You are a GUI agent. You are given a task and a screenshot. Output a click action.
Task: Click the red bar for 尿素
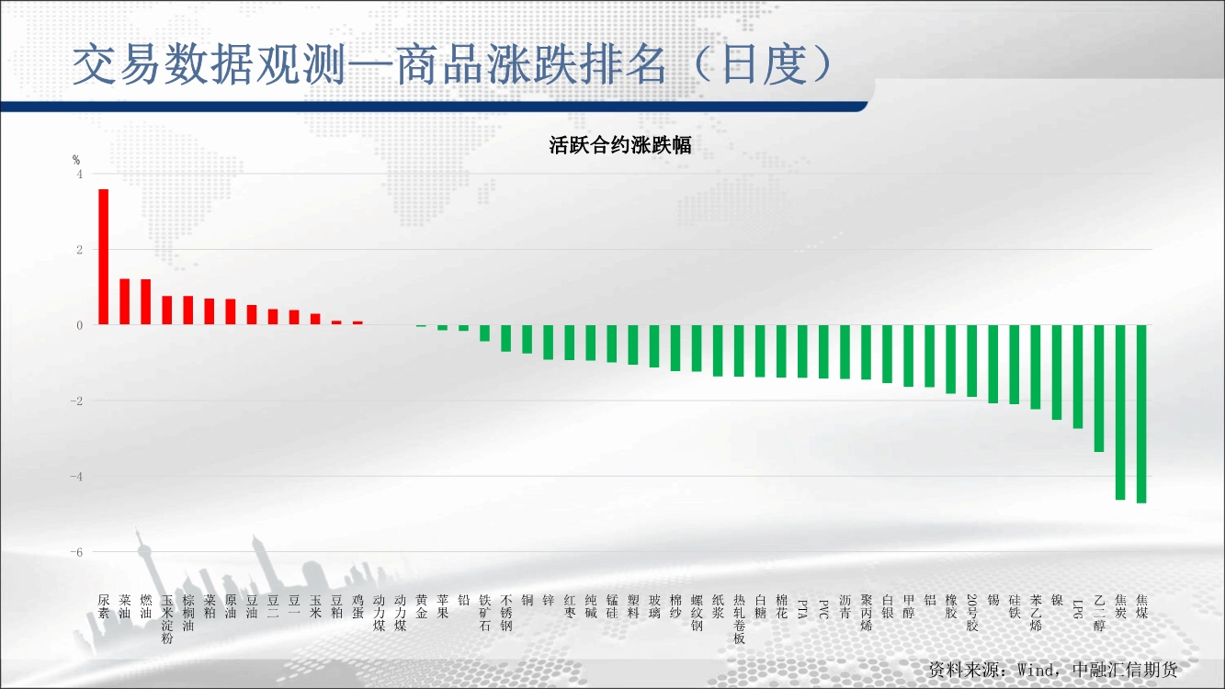point(104,257)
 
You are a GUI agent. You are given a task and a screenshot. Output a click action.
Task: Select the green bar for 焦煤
point(1141,413)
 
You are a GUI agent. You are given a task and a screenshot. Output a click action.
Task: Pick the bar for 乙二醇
point(1099,388)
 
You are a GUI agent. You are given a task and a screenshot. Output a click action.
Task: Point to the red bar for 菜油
point(125,301)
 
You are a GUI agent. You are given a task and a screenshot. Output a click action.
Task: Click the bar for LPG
point(1078,376)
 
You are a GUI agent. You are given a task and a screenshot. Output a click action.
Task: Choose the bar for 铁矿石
point(484,333)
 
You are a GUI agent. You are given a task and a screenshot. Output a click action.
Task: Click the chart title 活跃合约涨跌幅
point(620,146)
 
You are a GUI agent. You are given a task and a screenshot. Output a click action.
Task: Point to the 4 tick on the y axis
point(79,174)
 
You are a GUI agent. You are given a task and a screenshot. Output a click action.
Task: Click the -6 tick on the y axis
point(76,552)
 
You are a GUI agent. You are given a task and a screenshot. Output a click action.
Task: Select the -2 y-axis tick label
point(76,401)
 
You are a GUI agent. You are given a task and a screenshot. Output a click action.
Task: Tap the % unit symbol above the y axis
point(77,160)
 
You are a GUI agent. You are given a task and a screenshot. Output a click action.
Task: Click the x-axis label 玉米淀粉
point(167,618)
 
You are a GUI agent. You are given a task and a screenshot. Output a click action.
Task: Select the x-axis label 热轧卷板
point(739,618)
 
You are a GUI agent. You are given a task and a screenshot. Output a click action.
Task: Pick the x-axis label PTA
point(802,605)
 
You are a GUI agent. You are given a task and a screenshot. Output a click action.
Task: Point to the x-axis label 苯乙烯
point(1036,612)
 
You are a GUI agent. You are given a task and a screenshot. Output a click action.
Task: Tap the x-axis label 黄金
point(421,605)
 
